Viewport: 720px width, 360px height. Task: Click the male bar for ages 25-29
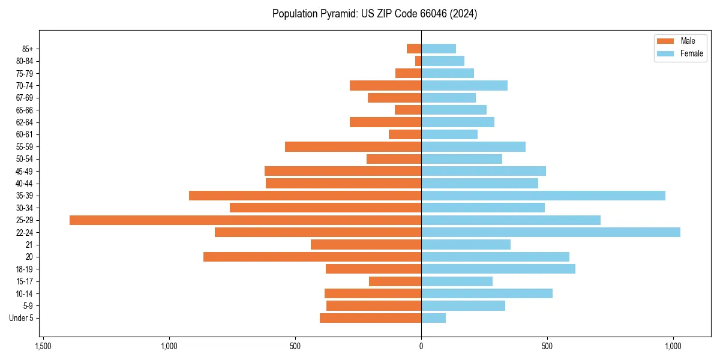tap(245, 220)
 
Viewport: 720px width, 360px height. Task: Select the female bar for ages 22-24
tap(551, 232)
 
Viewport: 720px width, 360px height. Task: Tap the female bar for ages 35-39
tap(543, 196)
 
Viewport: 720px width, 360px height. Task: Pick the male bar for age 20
tap(312, 257)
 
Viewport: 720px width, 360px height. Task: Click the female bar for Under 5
tap(433, 318)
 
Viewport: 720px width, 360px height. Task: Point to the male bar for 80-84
tap(418, 61)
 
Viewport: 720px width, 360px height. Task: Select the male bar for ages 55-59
tap(353, 146)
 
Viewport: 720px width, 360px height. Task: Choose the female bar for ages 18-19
tap(498, 269)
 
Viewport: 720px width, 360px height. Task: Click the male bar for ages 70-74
tap(385, 85)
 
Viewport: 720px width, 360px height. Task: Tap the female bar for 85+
tap(439, 49)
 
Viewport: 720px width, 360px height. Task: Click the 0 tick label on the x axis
tap(421, 347)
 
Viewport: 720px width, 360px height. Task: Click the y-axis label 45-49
tap(25, 171)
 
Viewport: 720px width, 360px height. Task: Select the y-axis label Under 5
tap(22, 318)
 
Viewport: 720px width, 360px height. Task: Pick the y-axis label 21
tap(29, 245)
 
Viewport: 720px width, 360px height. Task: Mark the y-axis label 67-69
tap(25, 98)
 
